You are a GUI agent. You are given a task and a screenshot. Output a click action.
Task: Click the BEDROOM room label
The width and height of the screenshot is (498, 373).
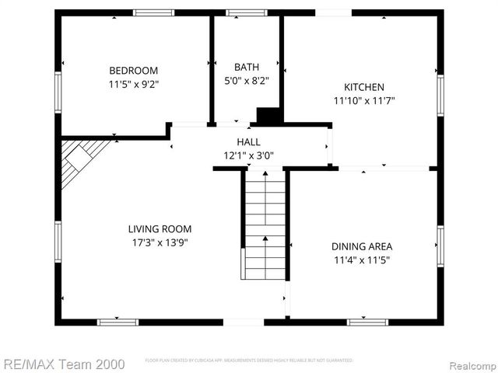click(133, 70)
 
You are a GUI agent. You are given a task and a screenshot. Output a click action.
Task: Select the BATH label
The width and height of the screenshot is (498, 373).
click(247, 67)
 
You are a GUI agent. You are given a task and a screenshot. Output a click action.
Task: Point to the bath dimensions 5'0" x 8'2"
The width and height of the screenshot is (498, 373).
click(247, 80)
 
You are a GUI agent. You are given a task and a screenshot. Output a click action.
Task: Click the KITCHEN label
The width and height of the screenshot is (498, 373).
click(364, 87)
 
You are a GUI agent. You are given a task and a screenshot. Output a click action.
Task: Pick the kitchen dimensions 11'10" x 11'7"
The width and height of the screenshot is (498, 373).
click(364, 100)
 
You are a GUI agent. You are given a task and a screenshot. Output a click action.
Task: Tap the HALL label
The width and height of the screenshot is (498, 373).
click(249, 141)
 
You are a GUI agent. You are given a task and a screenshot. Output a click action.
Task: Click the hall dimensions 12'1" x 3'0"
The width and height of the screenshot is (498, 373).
click(249, 155)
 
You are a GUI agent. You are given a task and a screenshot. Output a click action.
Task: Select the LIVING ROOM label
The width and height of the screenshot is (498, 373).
click(160, 228)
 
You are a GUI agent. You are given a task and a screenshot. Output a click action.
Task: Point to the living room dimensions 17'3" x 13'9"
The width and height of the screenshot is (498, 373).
click(160, 242)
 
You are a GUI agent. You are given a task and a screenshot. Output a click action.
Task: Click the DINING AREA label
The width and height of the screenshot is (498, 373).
click(361, 246)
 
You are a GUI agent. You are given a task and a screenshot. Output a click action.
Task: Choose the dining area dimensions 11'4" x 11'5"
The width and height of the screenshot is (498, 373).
click(361, 260)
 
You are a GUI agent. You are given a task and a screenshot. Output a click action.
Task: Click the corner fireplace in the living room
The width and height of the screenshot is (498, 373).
click(79, 159)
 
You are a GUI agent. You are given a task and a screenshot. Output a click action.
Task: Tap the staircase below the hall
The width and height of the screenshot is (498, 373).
click(265, 225)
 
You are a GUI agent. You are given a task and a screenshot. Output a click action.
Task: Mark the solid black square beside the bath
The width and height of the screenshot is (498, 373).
click(268, 116)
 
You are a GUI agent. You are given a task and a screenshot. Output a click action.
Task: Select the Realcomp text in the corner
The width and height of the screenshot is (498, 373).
click(470, 364)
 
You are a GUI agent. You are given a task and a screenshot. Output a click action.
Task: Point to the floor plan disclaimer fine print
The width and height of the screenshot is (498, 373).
click(249, 361)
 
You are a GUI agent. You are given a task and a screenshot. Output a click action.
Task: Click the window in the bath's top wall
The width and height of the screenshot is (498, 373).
click(246, 12)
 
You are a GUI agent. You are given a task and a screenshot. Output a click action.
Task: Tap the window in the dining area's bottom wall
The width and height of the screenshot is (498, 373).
click(367, 322)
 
